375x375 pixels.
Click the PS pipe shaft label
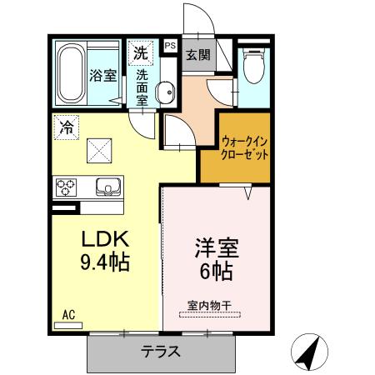pyautogui.click(x=170, y=46)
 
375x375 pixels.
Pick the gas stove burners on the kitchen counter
pyautogui.click(x=67, y=185)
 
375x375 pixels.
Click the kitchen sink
pyautogui.click(x=106, y=185)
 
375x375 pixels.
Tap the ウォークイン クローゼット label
pyautogui.click(x=245, y=148)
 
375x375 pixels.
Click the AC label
pyautogui.click(x=69, y=315)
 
